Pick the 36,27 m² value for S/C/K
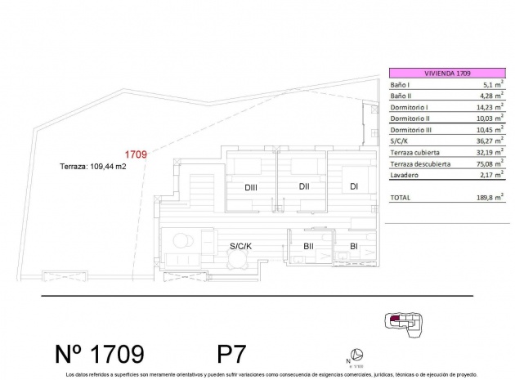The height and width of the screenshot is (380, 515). click(x=486, y=141)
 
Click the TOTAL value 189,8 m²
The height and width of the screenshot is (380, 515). click(x=486, y=199)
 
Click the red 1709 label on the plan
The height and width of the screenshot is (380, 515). click(x=135, y=153)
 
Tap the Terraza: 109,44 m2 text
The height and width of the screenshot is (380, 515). click(x=93, y=166)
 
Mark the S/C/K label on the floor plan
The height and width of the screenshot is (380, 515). click(x=240, y=245)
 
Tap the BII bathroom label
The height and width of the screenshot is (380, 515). click(x=309, y=245)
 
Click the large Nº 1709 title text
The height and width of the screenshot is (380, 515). click(x=100, y=353)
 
